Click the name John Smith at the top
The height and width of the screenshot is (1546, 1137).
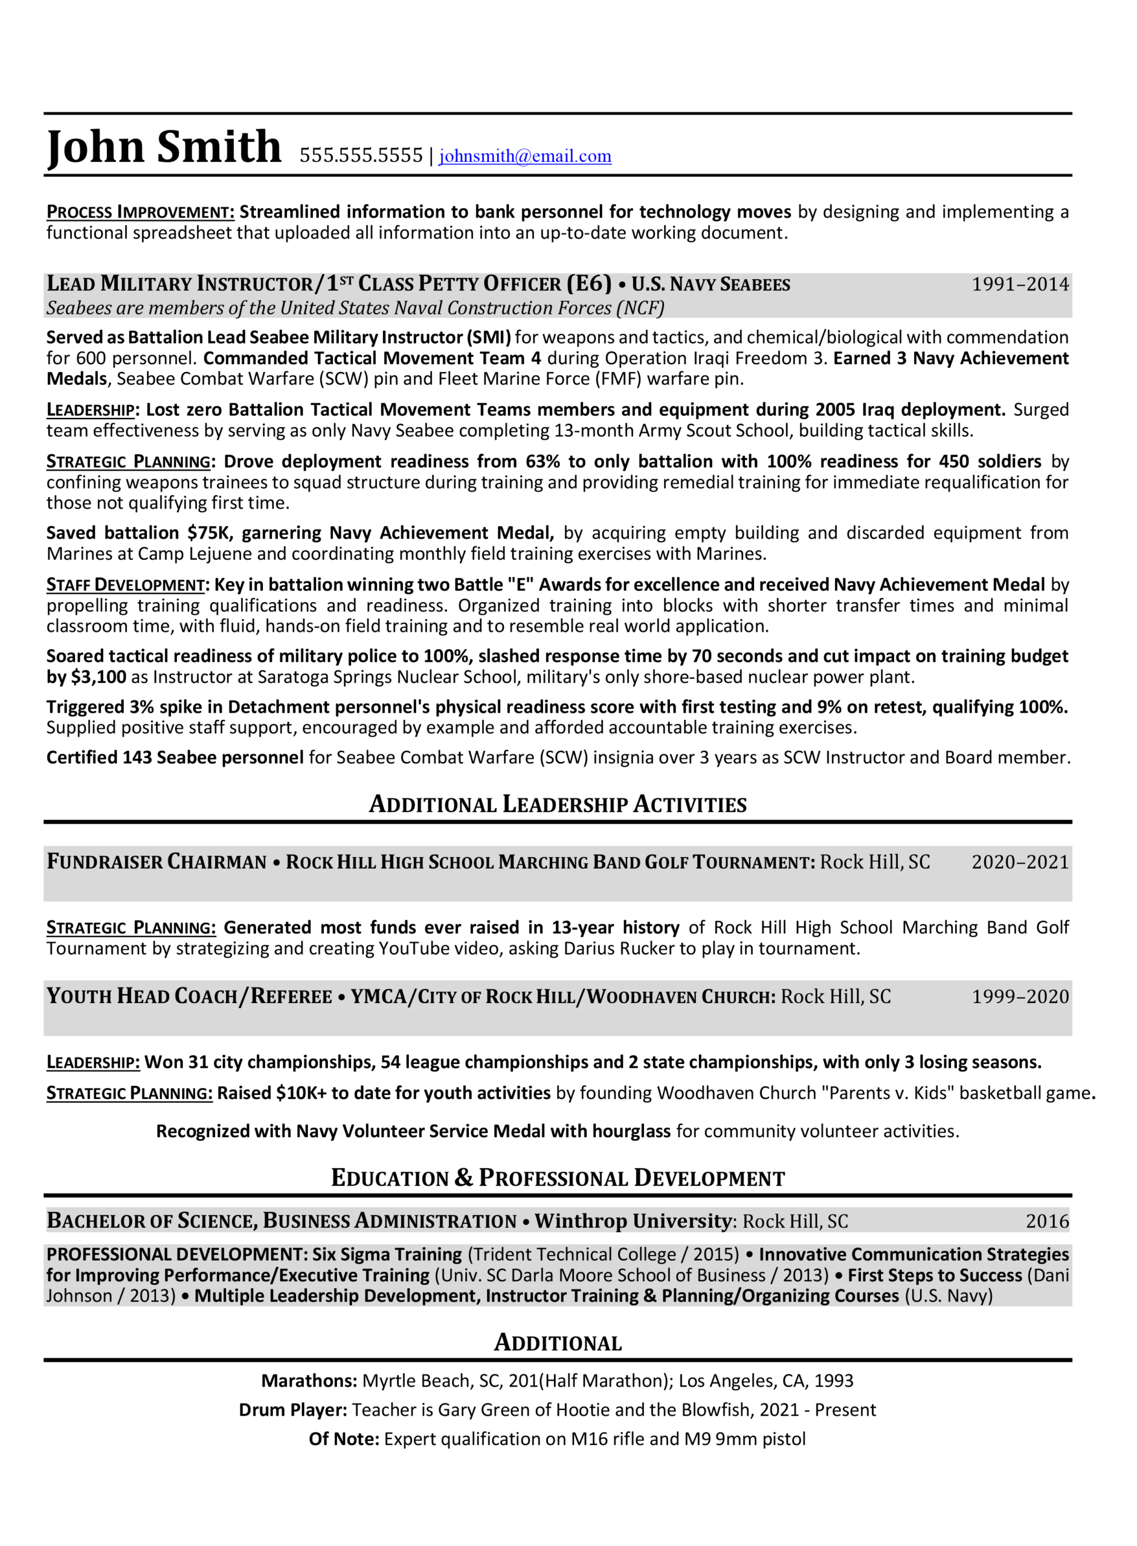click(164, 147)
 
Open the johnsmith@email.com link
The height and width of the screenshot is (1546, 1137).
click(524, 156)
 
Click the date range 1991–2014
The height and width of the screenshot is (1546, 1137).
click(1019, 284)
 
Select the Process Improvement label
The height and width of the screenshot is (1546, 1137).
click(140, 212)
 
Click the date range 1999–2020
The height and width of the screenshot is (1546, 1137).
click(1019, 996)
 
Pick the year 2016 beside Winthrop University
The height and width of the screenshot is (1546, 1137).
click(1046, 1221)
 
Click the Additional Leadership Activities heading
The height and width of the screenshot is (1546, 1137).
click(558, 804)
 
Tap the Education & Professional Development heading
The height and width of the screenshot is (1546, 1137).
click(558, 1178)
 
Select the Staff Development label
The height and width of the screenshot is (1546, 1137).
click(126, 585)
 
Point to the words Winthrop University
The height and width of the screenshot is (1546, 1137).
click(633, 1221)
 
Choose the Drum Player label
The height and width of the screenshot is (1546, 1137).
click(293, 1410)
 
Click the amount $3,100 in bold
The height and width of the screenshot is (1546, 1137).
click(98, 677)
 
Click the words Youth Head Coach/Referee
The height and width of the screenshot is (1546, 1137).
click(189, 996)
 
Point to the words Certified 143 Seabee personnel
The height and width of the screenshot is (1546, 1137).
click(175, 757)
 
